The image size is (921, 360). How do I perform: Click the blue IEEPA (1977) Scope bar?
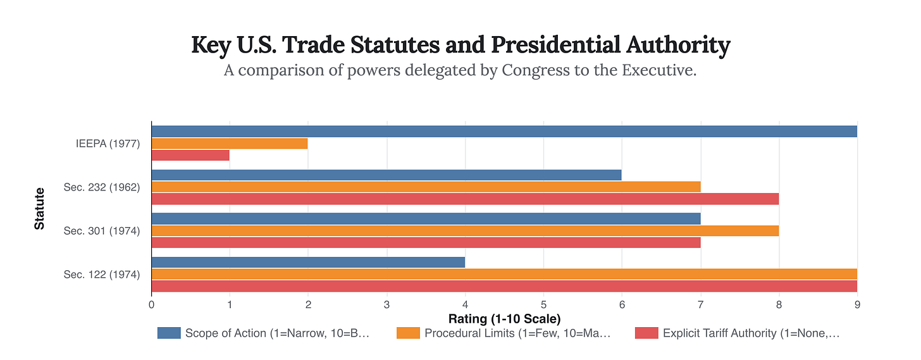(504, 132)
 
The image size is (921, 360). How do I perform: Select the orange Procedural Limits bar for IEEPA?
(230, 144)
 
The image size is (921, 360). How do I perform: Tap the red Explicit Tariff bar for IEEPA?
(190, 155)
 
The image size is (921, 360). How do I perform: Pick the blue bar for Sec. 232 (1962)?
(386, 175)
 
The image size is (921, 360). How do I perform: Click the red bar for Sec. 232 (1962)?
(464, 199)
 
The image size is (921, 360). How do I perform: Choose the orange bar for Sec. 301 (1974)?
(464, 230)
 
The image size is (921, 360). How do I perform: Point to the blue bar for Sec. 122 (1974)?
(308, 262)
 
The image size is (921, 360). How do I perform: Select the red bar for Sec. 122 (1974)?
(504, 286)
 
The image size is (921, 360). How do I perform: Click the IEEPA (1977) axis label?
(107, 144)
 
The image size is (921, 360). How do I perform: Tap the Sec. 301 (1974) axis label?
(102, 230)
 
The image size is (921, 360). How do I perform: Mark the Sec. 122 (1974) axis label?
(102, 274)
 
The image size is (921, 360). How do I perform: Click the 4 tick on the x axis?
(465, 304)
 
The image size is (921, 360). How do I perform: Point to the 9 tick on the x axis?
(856, 304)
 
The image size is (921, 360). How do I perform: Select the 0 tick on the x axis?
(152, 304)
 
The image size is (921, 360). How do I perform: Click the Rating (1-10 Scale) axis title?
(504, 318)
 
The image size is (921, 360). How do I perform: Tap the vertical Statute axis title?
(40, 208)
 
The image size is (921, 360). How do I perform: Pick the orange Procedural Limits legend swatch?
(407, 333)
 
